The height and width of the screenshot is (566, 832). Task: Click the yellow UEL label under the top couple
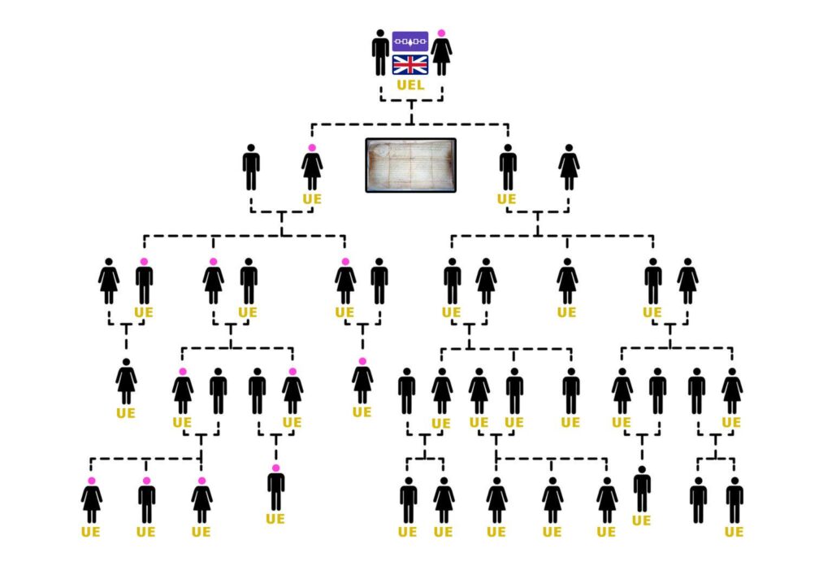coord(410,85)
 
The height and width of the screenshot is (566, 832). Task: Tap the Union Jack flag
coord(410,65)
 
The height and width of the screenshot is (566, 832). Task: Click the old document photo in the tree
coord(410,165)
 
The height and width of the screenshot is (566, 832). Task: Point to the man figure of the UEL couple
coord(380,53)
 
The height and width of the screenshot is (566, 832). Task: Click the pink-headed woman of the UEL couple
coord(441,54)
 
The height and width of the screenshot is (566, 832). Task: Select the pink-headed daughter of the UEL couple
coord(312,168)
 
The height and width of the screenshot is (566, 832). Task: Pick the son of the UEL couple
coord(508,168)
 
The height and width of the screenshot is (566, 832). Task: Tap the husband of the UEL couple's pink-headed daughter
coord(251,168)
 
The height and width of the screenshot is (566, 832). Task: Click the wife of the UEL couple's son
coord(569,168)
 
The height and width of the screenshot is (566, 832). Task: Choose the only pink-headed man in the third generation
coord(144,281)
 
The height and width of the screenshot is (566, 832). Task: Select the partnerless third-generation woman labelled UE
coord(567,281)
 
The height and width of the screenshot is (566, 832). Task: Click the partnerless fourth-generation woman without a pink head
coord(126,381)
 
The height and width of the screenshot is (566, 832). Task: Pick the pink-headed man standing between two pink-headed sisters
coord(146,501)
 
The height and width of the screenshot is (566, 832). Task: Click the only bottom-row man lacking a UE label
coord(698,501)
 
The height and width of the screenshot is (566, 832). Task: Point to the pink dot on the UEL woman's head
coord(441,33)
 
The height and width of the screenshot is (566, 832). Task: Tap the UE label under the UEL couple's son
coord(506,198)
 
